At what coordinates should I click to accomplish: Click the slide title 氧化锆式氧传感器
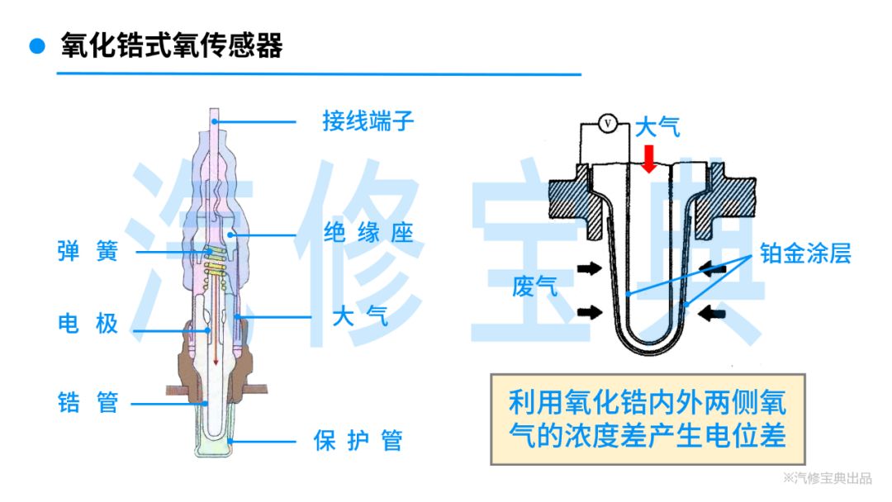click(x=172, y=45)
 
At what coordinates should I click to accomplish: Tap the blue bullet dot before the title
click(x=36, y=45)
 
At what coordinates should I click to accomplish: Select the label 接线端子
click(x=368, y=122)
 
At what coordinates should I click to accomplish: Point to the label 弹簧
click(x=88, y=251)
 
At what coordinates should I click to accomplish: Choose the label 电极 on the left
click(x=88, y=323)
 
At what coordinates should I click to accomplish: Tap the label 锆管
click(x=88, y=403)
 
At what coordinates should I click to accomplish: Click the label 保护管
click(x=358, y=440)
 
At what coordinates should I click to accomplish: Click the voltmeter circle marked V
click(x=608, y=124)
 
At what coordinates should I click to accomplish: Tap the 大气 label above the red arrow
click(x=657, y=127)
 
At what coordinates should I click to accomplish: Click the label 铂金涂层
click(x=805, y=253)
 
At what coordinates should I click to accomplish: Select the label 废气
click(x=534, y=287)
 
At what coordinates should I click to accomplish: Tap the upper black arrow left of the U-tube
click(x=590, y=268)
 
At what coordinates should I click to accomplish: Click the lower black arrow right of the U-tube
click(x=711, y=313)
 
